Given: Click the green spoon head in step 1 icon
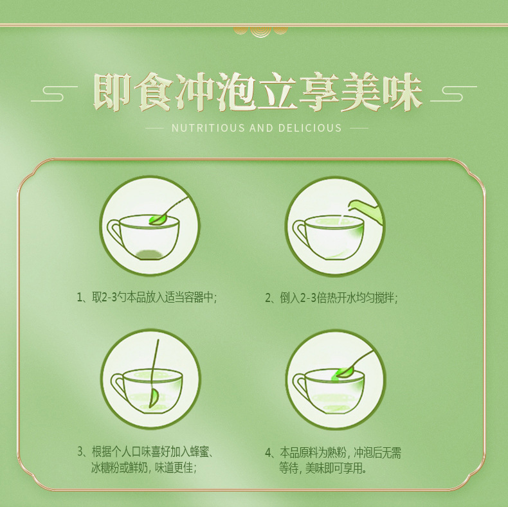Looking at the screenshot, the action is pos(157,220).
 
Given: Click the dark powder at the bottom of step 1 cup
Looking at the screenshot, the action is pos(149,254).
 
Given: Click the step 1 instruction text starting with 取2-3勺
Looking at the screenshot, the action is pos(154,298).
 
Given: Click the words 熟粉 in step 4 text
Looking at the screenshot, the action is pos(337,452).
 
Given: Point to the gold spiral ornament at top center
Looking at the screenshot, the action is pos(260,31).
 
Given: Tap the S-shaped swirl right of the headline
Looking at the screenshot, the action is pos(453,94).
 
